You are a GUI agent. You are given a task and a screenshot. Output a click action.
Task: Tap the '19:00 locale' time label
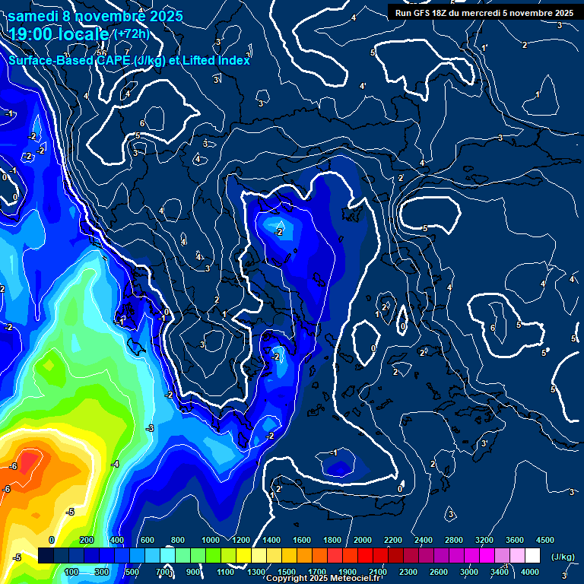point(59,34)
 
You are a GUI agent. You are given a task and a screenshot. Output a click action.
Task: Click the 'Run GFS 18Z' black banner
point(484,12)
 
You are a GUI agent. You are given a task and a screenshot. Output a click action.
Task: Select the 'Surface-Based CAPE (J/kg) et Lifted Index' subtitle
point(129,60)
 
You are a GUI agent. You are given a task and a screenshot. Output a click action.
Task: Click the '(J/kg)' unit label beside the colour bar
point(562,557)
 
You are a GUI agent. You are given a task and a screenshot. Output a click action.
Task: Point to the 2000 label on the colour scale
point(363,540)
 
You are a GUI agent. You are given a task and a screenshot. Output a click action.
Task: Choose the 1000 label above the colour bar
point(210,540)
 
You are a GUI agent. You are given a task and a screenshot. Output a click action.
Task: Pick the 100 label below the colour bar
point(72,572)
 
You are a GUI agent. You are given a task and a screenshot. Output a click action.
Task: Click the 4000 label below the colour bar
point(530,572)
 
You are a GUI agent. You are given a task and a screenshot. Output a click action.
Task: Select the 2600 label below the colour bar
point(439,572)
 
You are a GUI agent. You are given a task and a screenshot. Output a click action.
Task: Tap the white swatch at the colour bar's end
point(532,556)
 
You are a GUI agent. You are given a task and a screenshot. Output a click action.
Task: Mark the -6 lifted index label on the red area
point(13,465)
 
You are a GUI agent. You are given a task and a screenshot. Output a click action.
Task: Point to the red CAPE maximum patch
point(27,462)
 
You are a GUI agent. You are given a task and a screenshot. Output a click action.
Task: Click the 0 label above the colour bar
point(52,540)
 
